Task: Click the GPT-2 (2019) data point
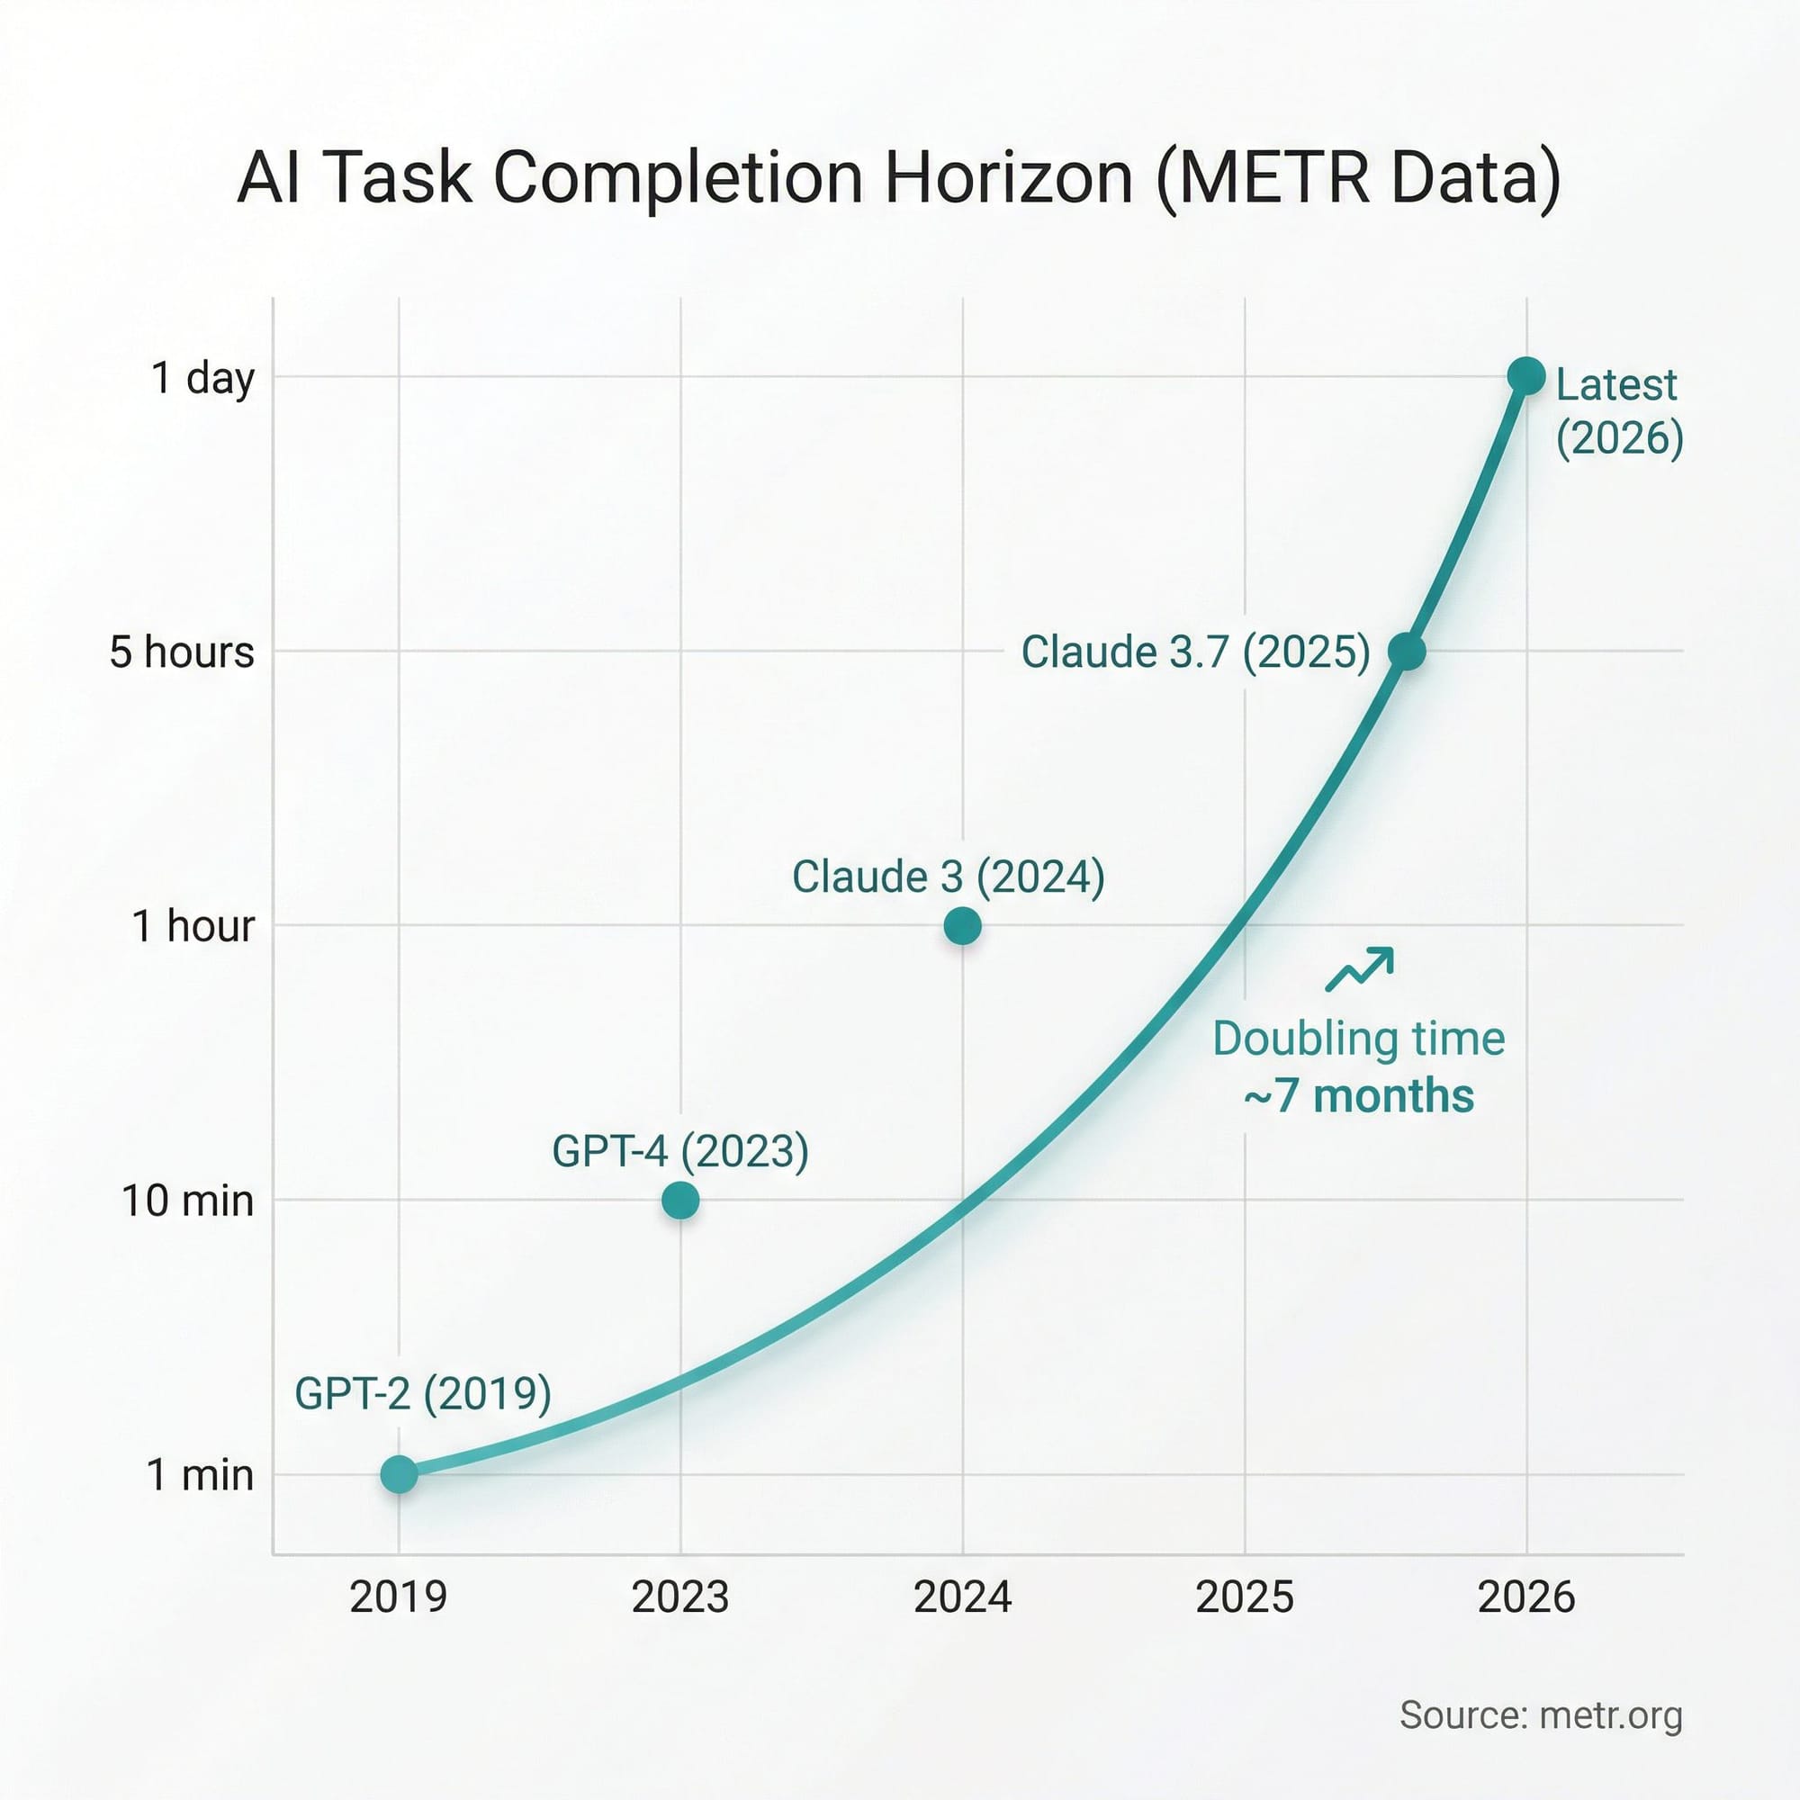pyautogui.click(x=399, y=1474)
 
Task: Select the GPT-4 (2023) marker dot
pyautogui.click(x=680, y=1200)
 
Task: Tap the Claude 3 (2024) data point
pyautogui.click(x=962, y=926)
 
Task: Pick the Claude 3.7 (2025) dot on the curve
pyautogui.click(x=1407, y=652)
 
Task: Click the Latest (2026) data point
pyautogui.click(x=1526, y=376)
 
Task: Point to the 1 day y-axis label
pyautogui.click(x=202, y=378)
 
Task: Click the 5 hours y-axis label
pyautogui.click(x=182, y=652)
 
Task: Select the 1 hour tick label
pyautogui.click(x=193, y=926)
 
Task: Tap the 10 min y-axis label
pyautogui.click(x=187, y=1200)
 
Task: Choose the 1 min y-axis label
pyautogui.click(x=201, y=1475)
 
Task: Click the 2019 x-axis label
pyautogui.click(x=399, y=1597)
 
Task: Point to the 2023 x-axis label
pyautogui.click(x=680, y=1597)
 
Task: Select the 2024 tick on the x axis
pyautogui.click(x=962, y=1597)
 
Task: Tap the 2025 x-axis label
pyautogui.click(x=1245, y=1597)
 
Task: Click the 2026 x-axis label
pyautogui.click(x=1526, y=1597)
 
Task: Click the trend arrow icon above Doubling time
pyautogui.click(x=1359, y=970)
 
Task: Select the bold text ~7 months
pyautogui.click(x=1359, y=1095)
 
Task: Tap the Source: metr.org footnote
pyautogui.click(x=1541, y=1715)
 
